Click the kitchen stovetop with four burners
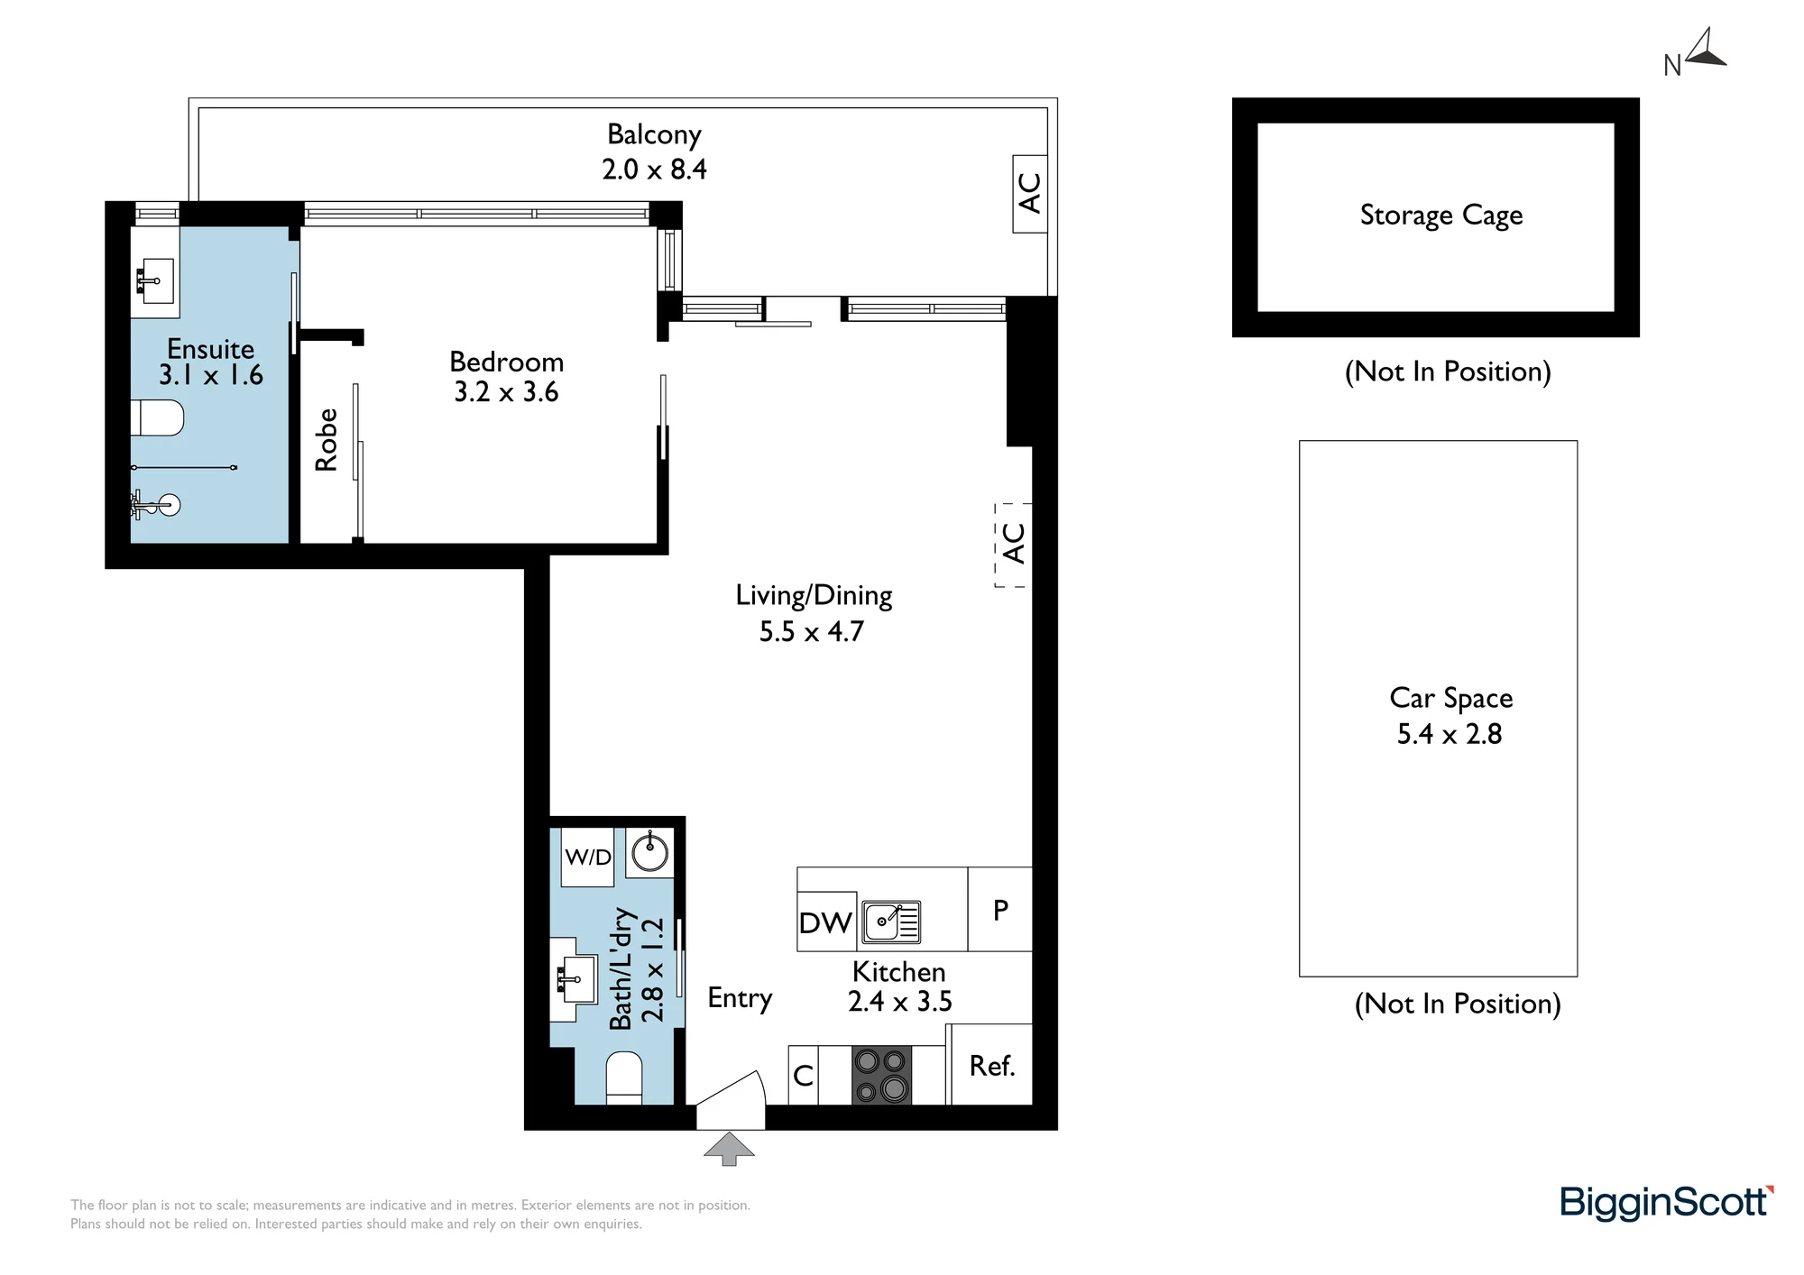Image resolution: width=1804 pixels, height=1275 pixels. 881,1075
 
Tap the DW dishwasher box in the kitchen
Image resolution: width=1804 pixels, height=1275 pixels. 826,922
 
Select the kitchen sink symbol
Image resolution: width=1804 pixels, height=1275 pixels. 891,922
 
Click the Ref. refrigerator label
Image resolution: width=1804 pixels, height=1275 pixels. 992,1066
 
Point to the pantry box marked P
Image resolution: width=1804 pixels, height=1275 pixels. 1000,909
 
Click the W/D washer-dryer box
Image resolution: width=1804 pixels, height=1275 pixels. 588,857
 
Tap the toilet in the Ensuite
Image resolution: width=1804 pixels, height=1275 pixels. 158,418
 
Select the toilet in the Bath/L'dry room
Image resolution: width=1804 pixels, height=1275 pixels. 623,1078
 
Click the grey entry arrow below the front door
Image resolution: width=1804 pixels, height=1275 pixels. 729,1149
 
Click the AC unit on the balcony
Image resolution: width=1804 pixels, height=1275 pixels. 1030,193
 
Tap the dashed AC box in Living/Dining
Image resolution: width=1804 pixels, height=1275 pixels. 1013,545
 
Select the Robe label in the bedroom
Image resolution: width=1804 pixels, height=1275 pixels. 326,439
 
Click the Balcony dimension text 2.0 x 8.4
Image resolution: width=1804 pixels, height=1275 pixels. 655,170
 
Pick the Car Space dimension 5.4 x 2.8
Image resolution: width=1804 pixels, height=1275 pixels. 1450,734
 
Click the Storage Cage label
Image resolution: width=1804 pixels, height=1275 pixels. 1441,216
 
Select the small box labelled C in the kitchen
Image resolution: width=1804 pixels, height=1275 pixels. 803,1075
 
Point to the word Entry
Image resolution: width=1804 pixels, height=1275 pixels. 740,998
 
